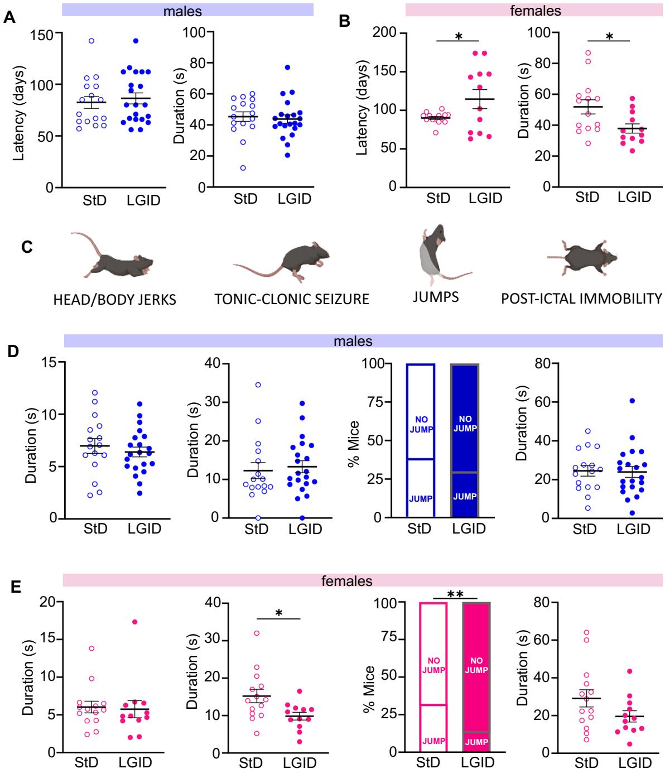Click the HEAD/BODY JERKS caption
coord(114,300)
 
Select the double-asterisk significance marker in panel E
coord(455,595)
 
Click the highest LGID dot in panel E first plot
coord(134,622)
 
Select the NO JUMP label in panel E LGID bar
coord(476,664)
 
